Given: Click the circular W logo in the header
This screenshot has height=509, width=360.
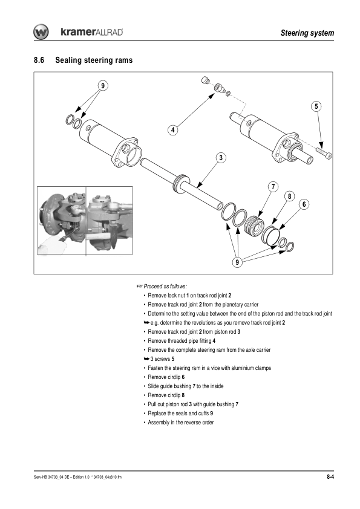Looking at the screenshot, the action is click(x=41, y=32).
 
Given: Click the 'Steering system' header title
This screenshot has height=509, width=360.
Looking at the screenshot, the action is click(x=307, y=33).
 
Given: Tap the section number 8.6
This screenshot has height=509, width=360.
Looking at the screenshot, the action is click(x=39, y=60).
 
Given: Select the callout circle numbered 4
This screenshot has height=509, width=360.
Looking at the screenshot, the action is click(x=173, y=130).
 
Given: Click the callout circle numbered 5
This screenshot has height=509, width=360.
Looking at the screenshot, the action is click(x=316, y=106).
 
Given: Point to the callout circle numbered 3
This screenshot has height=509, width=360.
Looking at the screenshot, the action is click(x=221, y=158).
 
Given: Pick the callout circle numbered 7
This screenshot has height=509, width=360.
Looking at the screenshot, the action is click(x=273, y=187).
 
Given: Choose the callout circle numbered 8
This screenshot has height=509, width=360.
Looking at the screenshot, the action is click(x=289, y=196).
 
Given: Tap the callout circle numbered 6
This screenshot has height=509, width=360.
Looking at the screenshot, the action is click(x=304, y=204).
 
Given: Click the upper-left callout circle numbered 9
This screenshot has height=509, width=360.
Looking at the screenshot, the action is click(x=103, y=86).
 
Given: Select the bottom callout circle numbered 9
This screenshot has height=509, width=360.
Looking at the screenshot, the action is click(x=237, y=262).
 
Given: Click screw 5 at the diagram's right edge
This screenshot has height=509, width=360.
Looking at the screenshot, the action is click(x=324, y=153).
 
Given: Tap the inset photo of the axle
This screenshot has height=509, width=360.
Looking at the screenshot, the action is click(x=85, y=221).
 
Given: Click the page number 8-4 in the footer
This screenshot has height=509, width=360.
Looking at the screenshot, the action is click(x=330, y=477).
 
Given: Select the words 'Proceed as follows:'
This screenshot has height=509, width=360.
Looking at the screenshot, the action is click(x=165, y=287).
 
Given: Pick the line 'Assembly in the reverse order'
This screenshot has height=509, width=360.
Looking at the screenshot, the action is click(x=181, y=423).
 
